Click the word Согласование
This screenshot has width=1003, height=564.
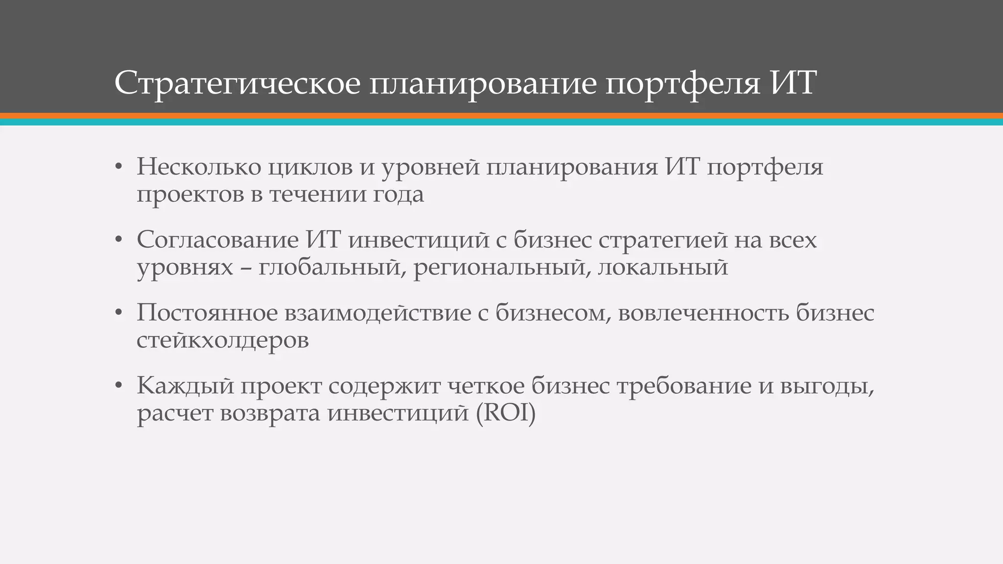pos(217,240)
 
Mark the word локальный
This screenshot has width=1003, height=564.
pos(663,267)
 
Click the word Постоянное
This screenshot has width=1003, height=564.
pos(207,313)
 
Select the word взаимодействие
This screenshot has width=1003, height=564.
pos(378,313)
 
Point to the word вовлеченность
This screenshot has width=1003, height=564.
pos(703,313)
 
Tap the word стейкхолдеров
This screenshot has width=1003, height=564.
pos(222,340)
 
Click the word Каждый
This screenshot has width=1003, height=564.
pos(185,386)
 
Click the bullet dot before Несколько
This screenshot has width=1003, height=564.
pos(118,167)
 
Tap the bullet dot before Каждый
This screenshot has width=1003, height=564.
pos(118,386)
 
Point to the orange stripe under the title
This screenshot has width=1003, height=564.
pos(501,116)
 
